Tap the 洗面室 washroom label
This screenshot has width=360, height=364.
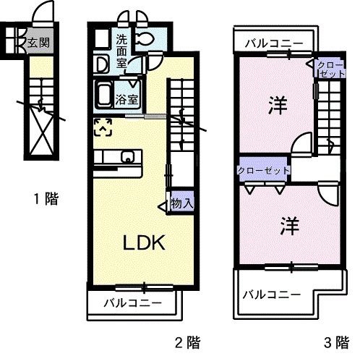[122, 51]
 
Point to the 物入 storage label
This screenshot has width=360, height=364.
[181, 204]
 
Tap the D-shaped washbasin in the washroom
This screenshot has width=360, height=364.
[102, 64]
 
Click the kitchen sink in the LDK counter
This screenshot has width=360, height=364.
[128, 156]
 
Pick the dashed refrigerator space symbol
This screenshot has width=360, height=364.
[103, 127]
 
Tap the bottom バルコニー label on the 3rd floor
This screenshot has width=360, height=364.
[270, 294]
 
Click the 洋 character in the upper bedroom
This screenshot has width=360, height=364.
[275, 105]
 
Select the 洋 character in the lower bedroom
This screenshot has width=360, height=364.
[288, 224]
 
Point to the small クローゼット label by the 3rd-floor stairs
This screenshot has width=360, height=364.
[330, 69]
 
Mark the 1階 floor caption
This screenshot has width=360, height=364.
[46, 198]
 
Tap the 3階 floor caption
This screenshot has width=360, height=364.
[335, 340]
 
